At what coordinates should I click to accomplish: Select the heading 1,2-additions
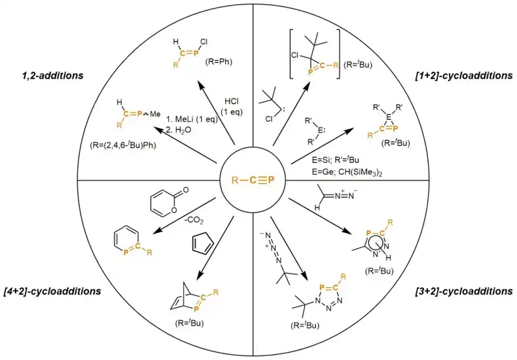[x=47, y=76]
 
